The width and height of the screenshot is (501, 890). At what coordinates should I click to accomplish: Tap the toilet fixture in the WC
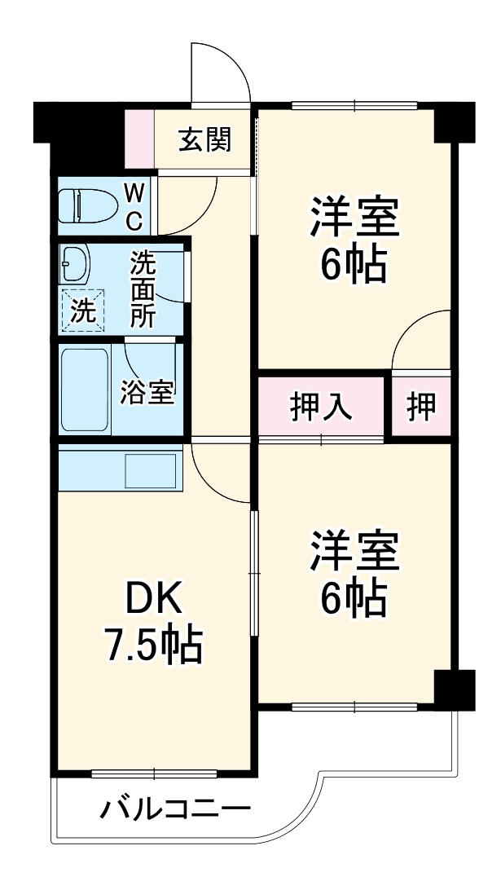(86, 205)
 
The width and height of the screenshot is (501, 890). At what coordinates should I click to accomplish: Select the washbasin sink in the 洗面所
(77, 264)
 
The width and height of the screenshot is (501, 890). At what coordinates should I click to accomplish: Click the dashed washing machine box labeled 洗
(83, 311)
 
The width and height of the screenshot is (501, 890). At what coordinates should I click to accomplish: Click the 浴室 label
(147, 393)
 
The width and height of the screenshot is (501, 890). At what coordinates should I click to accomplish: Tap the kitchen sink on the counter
(151, 471)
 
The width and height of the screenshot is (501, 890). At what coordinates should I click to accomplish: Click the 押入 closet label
(321, 407)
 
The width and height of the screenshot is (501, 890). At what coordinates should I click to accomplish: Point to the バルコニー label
(175, 810)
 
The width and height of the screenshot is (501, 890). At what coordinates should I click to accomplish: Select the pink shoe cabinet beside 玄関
(139, 139)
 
